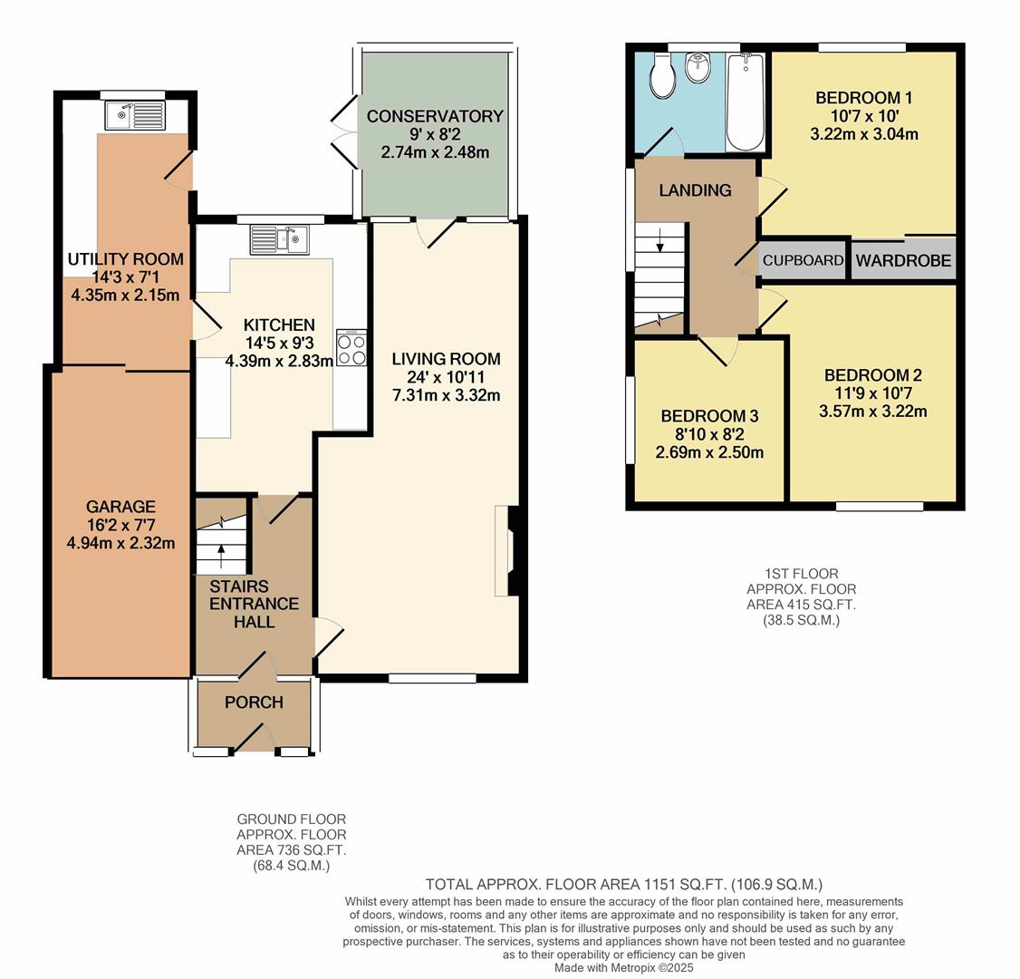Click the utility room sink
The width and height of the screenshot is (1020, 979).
tap(134, 116)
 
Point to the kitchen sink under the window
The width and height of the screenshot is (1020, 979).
tap(280, 239)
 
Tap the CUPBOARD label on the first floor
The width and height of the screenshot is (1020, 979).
tap(803, 260)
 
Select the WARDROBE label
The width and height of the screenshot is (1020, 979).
tap(903, 261)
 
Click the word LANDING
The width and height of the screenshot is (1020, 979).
tap(695, 190)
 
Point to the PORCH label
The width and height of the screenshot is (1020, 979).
tap(254, 703)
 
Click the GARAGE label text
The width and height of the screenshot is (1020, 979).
tap(120, 507)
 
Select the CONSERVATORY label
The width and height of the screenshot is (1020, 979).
tap(435, 116)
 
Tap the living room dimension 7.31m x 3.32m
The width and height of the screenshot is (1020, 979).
tap(446, 395)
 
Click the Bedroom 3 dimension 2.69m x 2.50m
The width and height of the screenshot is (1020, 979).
tap(708, 452)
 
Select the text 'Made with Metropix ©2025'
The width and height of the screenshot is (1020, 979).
tap(623, 967)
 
